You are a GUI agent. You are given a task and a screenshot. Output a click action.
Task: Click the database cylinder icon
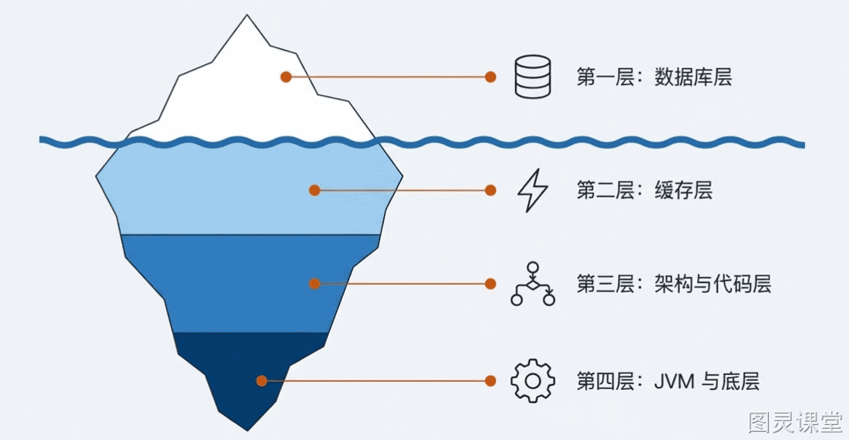pos(532,76)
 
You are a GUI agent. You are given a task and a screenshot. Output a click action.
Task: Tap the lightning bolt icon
pos(532,190)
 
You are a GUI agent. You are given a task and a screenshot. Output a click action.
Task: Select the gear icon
pos(532,380)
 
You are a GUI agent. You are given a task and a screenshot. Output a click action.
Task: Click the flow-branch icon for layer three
pos(532,284)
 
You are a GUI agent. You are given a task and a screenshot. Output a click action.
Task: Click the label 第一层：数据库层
pos(654,76)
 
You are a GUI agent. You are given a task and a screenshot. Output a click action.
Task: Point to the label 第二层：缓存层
pos(645,191)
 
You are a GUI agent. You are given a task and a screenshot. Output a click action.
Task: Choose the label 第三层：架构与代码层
pos(673,284)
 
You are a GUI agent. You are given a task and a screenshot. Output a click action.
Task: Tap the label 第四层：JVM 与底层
pos(668,381)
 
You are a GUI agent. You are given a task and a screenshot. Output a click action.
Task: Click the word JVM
pos(674,382)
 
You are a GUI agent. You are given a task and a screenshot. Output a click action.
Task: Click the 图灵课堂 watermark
pos(795,423)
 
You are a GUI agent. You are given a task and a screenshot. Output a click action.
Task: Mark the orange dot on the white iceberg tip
pos(286,76)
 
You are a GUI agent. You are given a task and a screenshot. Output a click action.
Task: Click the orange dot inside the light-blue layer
pos(314,190)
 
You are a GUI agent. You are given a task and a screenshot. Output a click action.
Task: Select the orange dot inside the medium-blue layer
pos(314,283)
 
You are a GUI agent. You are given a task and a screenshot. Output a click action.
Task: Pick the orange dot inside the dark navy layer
pos(261,381)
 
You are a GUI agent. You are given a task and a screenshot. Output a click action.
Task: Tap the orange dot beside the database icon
pos(491,76)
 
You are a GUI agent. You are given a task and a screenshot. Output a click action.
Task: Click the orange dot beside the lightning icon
pos(491,190)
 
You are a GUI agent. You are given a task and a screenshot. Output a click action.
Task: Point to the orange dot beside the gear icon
pos(491,381)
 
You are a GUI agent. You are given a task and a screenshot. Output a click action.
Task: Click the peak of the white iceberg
pos(248,15)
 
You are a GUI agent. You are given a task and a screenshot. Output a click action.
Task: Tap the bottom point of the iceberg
pos(248,430)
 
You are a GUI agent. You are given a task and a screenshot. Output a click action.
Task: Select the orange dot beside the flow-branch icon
pos(491,283)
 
